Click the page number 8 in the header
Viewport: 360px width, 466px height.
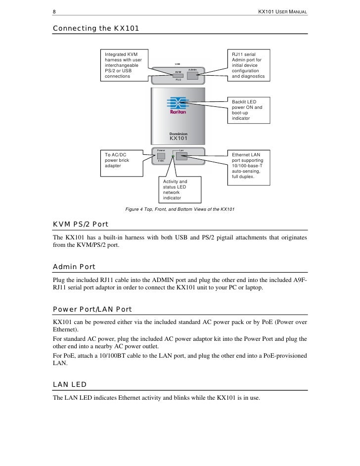tap(54, 11)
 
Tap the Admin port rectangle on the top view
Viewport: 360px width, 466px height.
tap(192, 76)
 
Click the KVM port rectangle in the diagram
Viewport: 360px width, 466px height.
tap(178, 75)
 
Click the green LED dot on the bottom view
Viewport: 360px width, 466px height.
tap(172, 157)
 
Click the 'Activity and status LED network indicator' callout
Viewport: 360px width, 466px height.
tap(179, 189)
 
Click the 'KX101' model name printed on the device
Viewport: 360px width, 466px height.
tap(179, 139)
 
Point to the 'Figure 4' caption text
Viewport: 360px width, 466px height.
tap(180, 210)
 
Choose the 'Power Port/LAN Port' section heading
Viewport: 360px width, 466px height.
tap(92, 310)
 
